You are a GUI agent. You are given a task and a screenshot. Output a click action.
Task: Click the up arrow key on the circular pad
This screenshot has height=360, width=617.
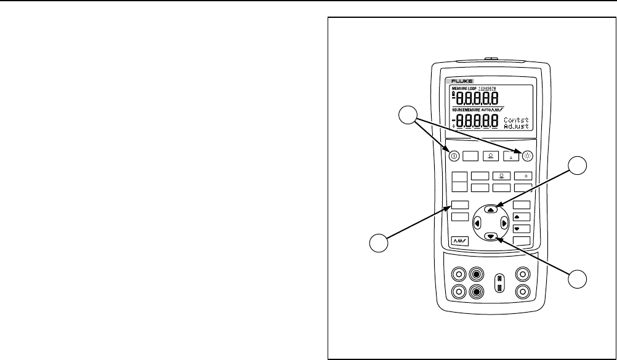tap(490, 209)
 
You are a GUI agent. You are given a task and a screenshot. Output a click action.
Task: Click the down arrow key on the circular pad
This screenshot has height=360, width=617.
tap(490, 236)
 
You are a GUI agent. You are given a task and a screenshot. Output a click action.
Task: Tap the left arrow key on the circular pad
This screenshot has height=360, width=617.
tap(477, 223)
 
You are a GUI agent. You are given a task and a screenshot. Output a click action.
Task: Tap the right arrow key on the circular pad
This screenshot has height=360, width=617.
tap(504, 223)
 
